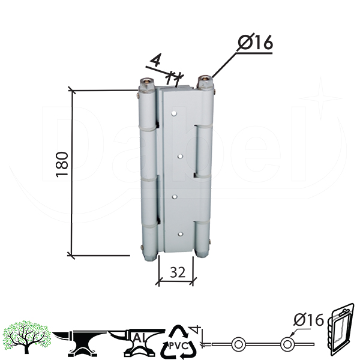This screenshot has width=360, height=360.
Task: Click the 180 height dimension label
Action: pyautogui.click(x=62, y=164)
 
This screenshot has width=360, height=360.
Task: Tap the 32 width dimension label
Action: pyautogui.click(x=178, y=272)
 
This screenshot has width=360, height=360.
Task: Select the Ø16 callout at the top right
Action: pyautogui.click(x=255, y=42)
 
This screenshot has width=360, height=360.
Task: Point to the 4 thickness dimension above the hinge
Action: pyautogui.click(x=156, y=59)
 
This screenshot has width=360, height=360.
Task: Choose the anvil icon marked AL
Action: pyautogui.click(x=137, y=343)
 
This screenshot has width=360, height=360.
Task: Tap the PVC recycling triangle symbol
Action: pyautogui.click(x=178, y=342)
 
